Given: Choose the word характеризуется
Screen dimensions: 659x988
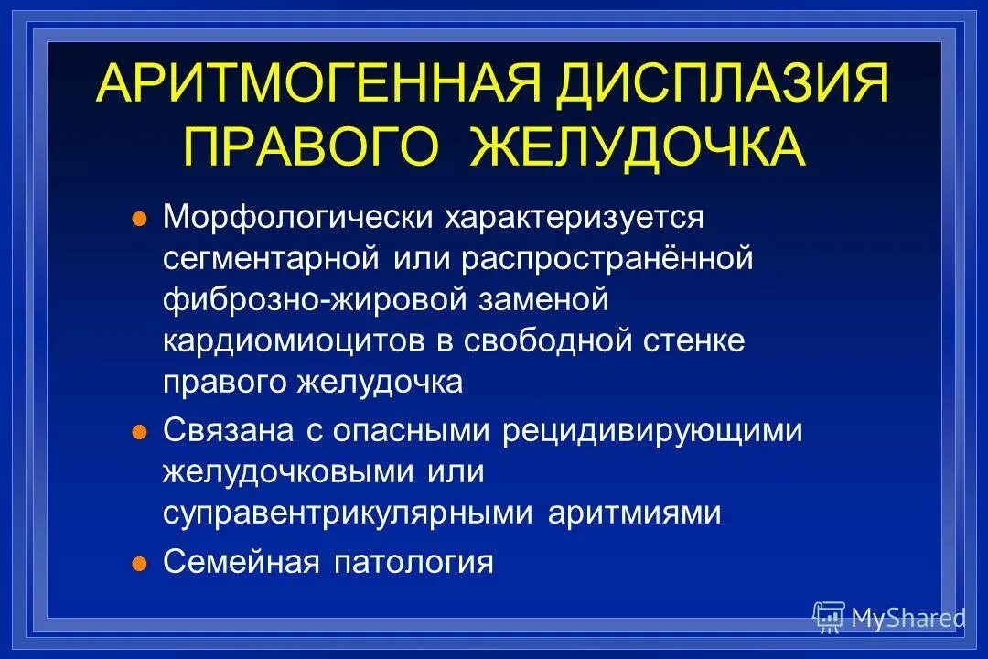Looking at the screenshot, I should (x=575, y=219).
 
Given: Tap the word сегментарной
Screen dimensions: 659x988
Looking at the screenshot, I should (x=271, y=259).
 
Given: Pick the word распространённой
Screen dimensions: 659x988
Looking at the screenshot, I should (x=607, y=259).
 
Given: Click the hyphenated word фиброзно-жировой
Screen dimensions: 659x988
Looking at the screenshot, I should (x=317, y=300).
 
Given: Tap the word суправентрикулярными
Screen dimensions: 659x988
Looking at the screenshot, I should (x=349, y=513).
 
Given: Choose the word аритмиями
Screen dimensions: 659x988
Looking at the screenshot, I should (x=635, y=513).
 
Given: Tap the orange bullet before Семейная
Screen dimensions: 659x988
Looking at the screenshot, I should (x=139, y=563).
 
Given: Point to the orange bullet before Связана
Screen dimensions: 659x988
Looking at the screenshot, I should (x=139, y=432).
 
